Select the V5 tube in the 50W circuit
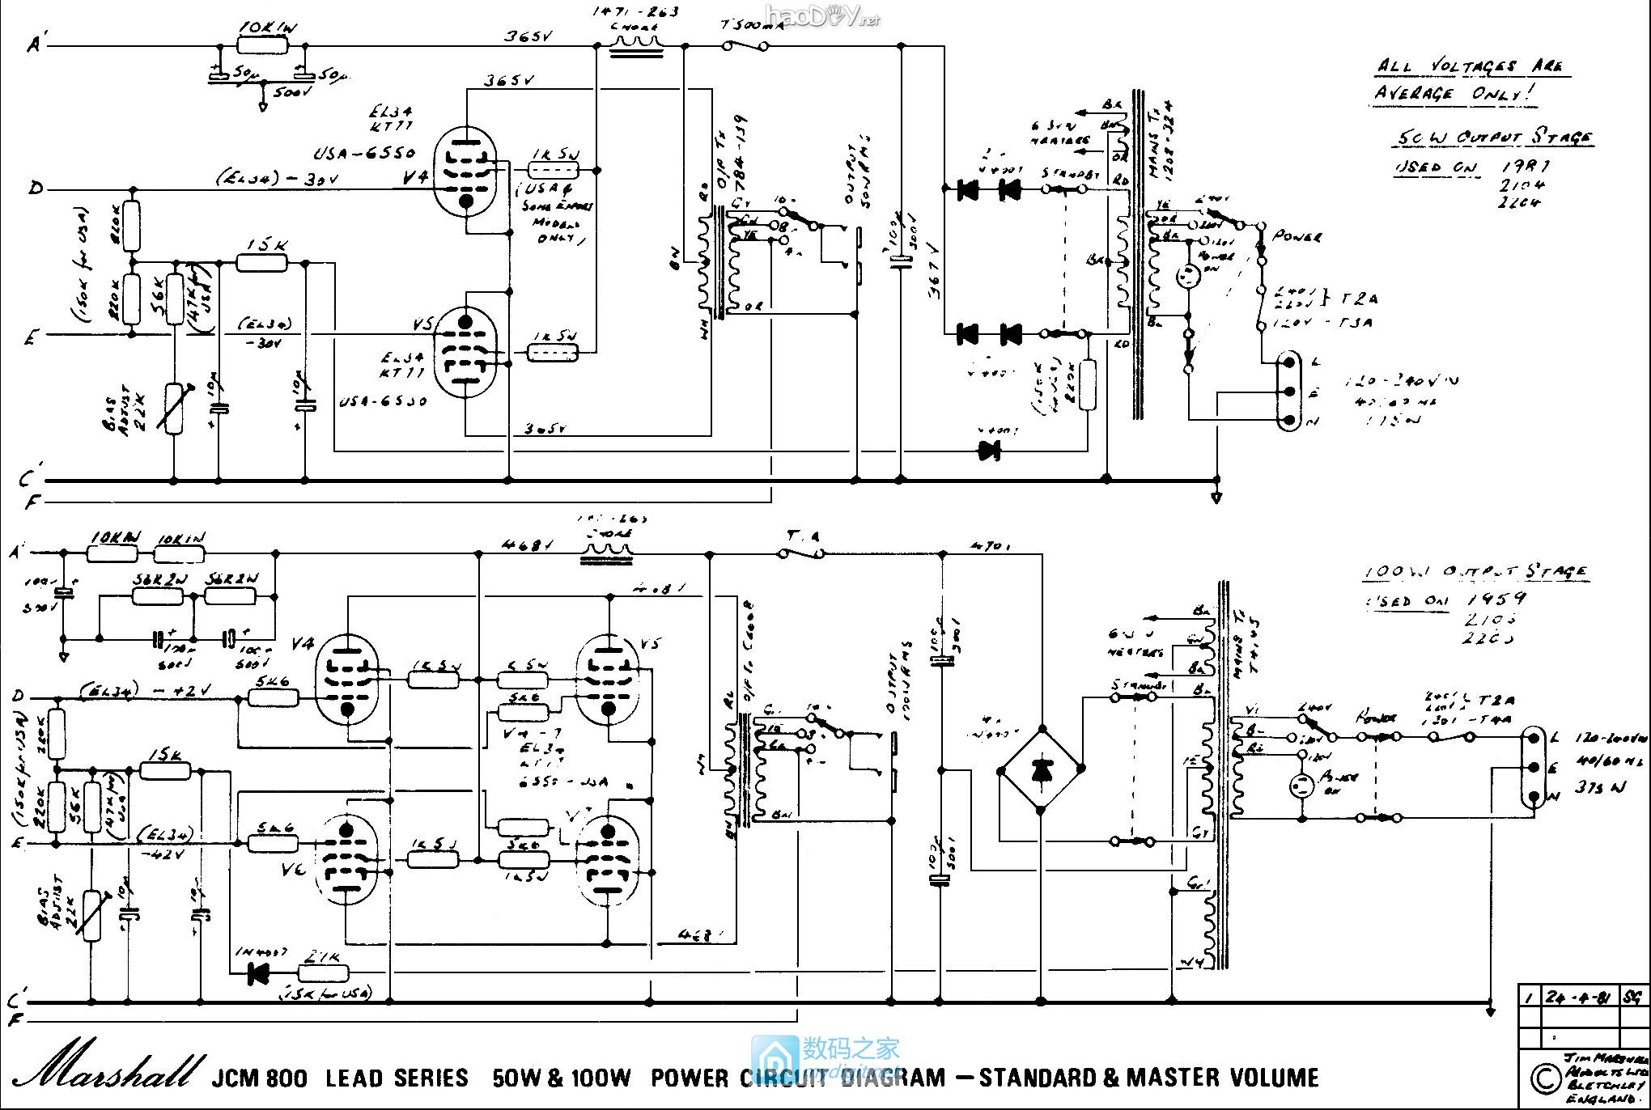tap(465, 353)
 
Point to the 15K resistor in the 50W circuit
tap(262, 261)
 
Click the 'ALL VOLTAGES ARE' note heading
tap(1470, 66)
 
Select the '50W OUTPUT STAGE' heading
tap(1492, 138)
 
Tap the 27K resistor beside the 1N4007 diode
tap(325, 973)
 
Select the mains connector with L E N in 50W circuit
tap(1288, 392)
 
